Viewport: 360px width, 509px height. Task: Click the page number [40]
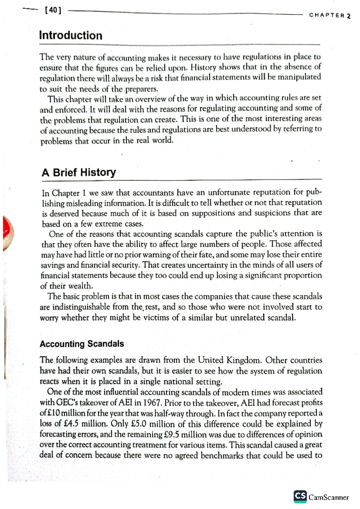coord(53,10)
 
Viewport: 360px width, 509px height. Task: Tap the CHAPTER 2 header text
coord(329,16)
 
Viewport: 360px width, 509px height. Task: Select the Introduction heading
coord(71,35)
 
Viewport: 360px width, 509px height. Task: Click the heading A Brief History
coord(79,172)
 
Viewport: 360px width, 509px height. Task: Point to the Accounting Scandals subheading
coord(82,344)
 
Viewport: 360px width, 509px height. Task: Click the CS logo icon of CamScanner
coord(300,496)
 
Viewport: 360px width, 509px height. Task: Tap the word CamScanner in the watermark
coord(329,497)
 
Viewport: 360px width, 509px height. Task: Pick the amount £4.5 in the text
coord(71,424)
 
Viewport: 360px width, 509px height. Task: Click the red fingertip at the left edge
coord(7,232)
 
